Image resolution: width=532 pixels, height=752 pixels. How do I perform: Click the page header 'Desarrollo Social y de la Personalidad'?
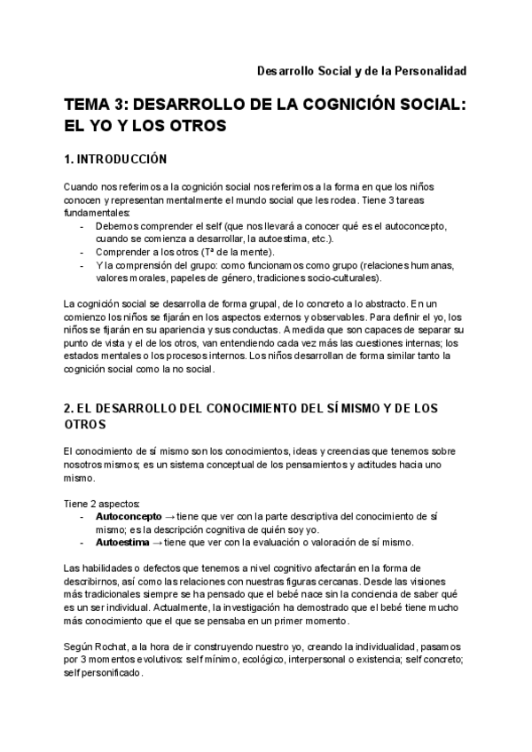point(362,70)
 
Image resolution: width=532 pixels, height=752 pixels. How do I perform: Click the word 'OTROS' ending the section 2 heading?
point(84,425)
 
